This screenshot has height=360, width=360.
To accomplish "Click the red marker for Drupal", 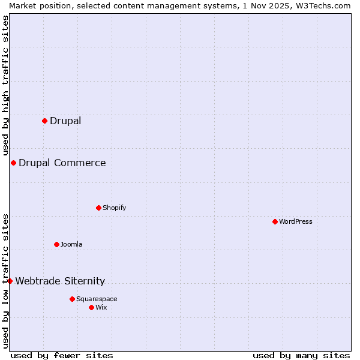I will [44, 121].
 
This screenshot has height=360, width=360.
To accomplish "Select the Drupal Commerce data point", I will [13, 163].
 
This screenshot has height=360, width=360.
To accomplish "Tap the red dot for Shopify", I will [98, 208].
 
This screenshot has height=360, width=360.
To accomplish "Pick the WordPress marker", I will [275, 221].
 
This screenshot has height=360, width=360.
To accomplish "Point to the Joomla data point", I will [56, 244].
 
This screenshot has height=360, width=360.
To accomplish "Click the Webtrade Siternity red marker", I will [10, 281].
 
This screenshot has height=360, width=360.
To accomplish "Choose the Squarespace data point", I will [72, 299].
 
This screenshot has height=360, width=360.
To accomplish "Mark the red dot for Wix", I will [91, 307].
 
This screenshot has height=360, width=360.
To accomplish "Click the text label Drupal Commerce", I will [62, 163].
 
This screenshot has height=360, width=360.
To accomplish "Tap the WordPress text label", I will [296, 221].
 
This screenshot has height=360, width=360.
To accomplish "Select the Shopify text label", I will [115, 208].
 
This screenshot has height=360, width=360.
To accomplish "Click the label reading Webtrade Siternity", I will [60, 281].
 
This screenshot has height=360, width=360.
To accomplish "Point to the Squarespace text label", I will [97, 299].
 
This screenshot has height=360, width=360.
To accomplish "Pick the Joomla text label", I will [71, 244].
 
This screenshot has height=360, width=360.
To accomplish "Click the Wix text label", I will [101, 307].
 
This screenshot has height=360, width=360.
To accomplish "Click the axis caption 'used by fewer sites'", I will [62, 355].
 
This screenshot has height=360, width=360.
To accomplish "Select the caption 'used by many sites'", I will [301, 355].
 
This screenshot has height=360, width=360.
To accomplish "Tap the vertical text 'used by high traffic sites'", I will [5, 85].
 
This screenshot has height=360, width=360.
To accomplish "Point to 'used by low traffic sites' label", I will [5, 280].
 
